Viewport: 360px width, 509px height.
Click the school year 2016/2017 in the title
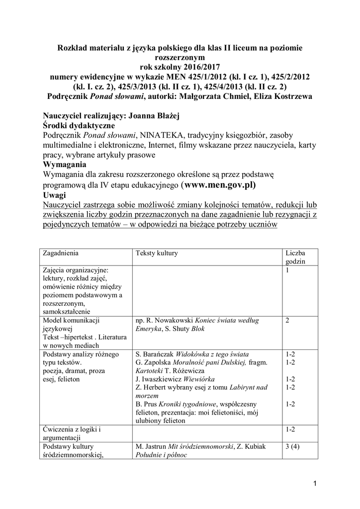tap(199, 67)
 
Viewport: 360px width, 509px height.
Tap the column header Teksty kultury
tap(157, 253)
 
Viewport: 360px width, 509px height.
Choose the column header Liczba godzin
tap(295, 256)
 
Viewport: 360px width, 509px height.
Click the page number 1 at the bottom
tap(315, 484)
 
